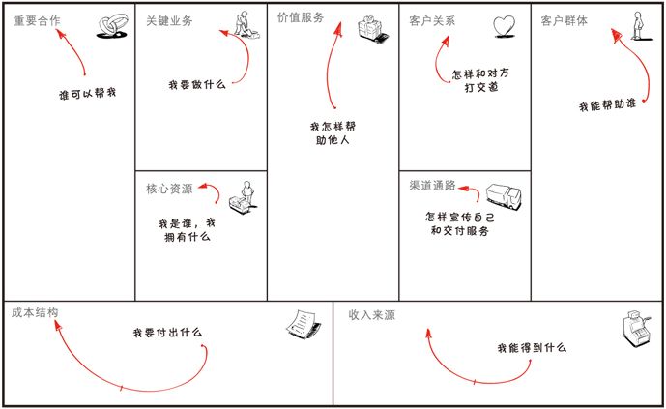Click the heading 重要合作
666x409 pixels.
point(37,20)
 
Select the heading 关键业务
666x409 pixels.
point(169,20)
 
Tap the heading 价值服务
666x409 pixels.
point(301,17)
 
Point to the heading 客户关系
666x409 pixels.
point(433,20)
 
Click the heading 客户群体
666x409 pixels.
point(565,20)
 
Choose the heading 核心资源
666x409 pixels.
point(169,188)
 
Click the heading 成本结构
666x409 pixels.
point(36,312)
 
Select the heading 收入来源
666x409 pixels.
point(372,315)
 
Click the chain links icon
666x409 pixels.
point(112,27)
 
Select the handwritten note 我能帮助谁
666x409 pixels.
point(607,104)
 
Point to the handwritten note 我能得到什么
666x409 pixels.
point(532,347)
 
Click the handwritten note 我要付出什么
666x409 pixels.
point(167,333)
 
